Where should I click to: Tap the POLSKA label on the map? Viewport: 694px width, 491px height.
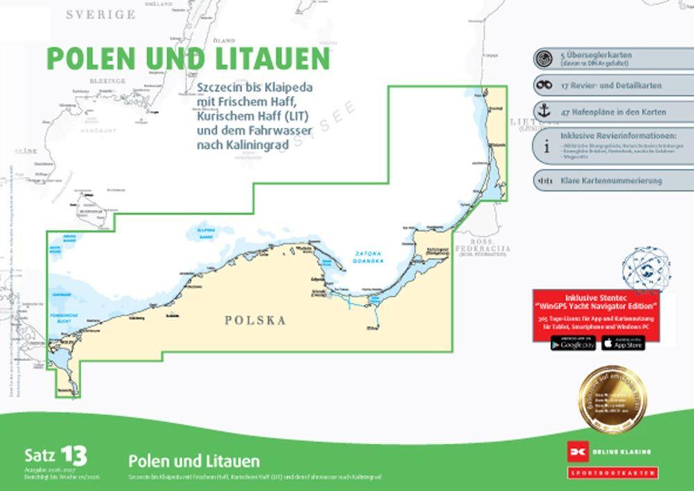(255, 320)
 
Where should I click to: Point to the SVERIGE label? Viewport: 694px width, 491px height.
(101, 14)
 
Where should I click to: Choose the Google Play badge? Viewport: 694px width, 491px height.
(573, 343)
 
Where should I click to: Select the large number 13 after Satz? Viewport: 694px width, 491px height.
(73, 456)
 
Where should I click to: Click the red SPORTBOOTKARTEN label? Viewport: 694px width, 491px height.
(612, 473)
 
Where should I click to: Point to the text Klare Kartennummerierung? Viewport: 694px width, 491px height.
(611, 181)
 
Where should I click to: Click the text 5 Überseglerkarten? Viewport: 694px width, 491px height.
(596, 55)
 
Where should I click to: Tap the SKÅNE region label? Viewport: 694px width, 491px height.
(26, 151)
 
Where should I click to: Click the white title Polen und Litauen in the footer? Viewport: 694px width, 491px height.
(194, 461)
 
